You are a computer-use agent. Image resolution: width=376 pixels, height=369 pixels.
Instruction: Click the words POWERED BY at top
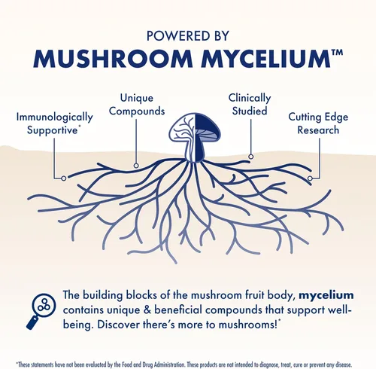coord(188,35)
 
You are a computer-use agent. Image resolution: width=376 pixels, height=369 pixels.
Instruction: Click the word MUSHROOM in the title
coord(113,59)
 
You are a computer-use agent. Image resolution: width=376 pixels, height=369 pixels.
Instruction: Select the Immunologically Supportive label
coord(54,124)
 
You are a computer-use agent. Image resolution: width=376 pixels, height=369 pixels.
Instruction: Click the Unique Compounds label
coord(137,105)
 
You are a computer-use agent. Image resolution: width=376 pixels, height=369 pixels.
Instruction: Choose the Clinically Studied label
coord(250,105)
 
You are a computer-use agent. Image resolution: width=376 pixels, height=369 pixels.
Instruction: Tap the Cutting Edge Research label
coord(318,124)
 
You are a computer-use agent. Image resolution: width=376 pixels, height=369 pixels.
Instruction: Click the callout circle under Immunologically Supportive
coord(64,178)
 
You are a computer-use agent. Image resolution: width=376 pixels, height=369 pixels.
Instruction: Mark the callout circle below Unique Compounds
coord(136,166)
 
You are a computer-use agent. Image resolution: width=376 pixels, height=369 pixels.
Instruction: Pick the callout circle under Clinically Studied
coord(250,157)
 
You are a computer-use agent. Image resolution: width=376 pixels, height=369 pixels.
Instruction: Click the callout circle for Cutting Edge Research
coord(310,178)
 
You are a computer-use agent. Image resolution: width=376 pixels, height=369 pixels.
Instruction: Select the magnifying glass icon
coord(41,311)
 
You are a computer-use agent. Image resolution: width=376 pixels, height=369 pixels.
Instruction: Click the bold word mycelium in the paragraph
coord(326,295)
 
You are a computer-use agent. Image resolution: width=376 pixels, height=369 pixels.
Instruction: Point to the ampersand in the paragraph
coord(148,310)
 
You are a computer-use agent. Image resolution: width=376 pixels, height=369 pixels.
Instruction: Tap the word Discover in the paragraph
coord(120,325)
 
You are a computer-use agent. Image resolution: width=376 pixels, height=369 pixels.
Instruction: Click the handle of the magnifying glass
coord(32,322)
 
